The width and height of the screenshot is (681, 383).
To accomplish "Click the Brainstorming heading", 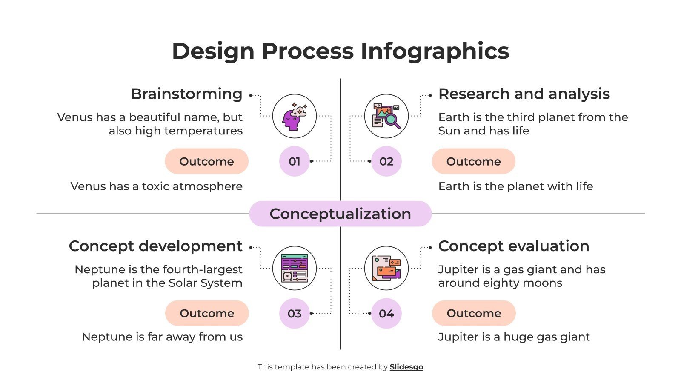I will [x=186, y=94].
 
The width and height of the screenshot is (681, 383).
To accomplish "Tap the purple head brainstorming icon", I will [x=294, y=116].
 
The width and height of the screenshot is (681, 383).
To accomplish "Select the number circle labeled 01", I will [x=294, y=161].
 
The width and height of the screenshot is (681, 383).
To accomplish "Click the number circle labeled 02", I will [x=386, y=161].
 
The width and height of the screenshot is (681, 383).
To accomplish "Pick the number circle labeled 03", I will [x=294, y=314].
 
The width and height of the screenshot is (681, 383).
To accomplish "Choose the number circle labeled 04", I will [x=386, y=314].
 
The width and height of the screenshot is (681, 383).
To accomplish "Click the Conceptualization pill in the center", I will [x=340, y=214].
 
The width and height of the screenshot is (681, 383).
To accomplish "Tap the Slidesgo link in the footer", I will [x=406, y=367].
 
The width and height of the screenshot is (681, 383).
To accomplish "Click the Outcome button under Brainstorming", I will [x=206, y=161].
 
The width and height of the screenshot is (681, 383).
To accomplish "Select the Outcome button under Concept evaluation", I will [x=474, y=313].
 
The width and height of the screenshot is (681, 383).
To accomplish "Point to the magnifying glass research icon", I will [x=386, y=116].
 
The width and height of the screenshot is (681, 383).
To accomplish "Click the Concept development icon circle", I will [x=294, y=269].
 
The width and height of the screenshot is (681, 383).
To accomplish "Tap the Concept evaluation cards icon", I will [x=386, y=269].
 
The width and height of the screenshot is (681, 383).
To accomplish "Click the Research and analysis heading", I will [x=524, y=94].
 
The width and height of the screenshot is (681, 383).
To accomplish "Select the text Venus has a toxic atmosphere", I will [x=156, y=186].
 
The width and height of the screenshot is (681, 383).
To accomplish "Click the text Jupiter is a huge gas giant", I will [x=514, y=337].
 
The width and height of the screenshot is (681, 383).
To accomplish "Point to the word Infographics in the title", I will [x=435, y=51].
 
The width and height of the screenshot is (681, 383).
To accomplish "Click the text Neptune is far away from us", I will [x=162, y=337].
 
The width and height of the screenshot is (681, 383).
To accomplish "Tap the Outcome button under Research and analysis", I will [x=473, y=161].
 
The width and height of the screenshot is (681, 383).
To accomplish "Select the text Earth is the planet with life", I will [x=515, y=186].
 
